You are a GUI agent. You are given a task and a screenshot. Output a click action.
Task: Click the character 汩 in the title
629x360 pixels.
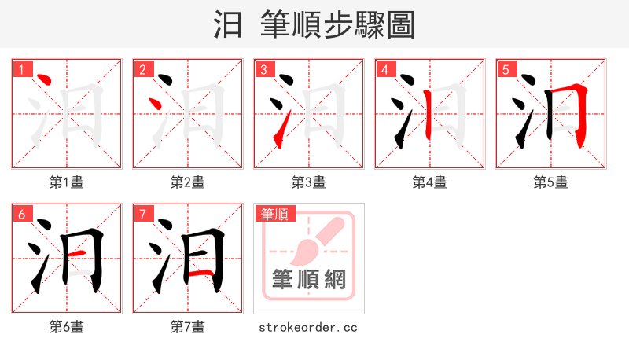(x=228, y=25)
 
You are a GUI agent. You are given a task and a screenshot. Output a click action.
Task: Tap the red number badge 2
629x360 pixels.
(x=142, y=70)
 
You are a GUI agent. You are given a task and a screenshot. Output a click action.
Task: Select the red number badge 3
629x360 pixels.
(x=263, y=70)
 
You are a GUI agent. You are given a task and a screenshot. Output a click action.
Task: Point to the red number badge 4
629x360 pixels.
(x=384, y=70)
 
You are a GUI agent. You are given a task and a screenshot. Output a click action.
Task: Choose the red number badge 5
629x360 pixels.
(x=506, y=70)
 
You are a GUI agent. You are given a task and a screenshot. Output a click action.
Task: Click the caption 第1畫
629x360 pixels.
(x=67, y=182)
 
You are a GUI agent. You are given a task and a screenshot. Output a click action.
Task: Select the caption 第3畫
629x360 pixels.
(x=309, y=182)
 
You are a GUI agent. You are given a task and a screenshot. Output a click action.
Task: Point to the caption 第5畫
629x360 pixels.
(x=550, y=182)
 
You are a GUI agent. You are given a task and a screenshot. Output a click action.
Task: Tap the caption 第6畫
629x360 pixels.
(x=67, y=326)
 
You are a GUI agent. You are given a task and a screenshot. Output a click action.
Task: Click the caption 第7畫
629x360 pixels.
(x=188, y=326)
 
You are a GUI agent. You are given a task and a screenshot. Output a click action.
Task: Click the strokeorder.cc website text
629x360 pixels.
(x=308, y=326)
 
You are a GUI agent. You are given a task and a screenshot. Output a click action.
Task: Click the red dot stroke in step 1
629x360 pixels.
(x=44, y=81)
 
